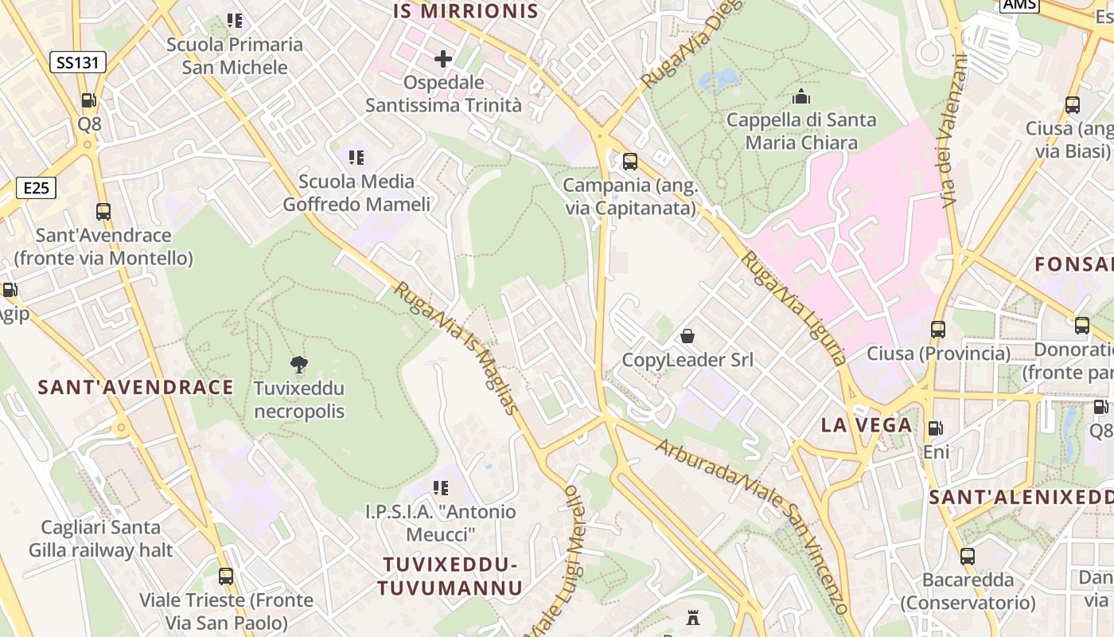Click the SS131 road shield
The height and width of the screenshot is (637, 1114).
80,63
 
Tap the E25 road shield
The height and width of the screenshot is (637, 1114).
37,189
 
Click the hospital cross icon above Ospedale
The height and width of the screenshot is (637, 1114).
443,59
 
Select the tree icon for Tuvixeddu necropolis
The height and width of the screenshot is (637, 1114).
299,365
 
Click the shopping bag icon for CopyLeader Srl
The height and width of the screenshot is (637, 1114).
687,337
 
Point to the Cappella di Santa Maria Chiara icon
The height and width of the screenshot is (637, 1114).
801,97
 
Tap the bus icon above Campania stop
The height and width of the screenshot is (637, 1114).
630,162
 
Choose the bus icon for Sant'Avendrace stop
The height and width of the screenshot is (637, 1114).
103,212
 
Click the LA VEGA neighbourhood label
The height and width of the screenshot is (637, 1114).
867,424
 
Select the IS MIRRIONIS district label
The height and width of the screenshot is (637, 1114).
467,11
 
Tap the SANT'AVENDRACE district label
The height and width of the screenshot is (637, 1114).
136,388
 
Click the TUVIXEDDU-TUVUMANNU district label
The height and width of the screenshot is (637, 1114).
450,576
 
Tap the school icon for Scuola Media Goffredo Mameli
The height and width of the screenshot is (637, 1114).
356,158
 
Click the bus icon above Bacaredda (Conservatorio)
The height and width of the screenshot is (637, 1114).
968,557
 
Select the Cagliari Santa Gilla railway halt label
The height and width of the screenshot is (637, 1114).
101,538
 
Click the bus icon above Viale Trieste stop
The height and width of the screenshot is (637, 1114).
226,576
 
